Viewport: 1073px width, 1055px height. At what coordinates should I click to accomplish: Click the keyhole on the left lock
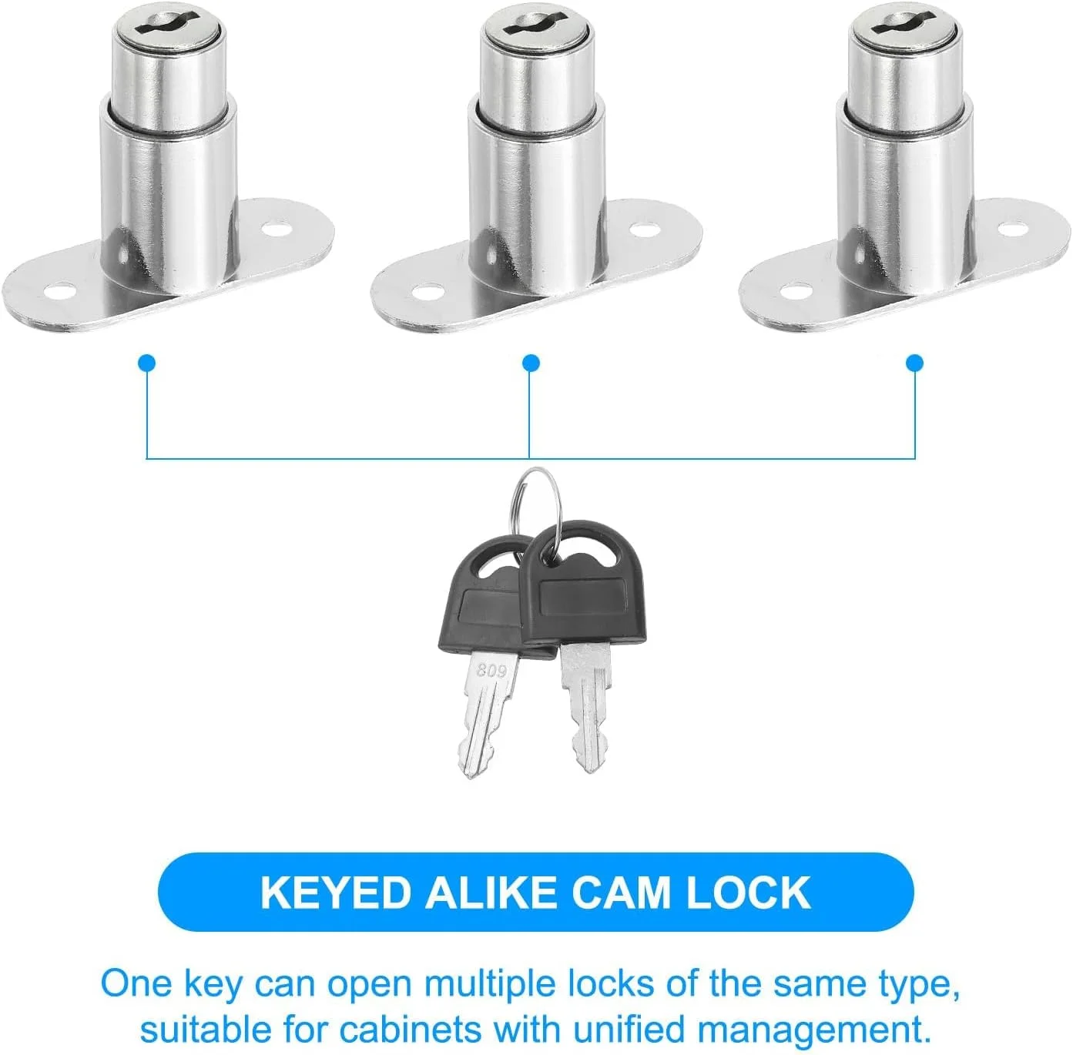coord(168,25)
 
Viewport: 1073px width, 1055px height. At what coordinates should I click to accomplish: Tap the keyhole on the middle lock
coord(538,25)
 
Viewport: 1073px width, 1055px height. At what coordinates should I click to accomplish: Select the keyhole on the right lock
coord(905,25)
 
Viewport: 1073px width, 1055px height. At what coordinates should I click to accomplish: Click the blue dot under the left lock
coord(146,363)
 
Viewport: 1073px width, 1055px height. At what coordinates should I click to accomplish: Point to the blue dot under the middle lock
coord(531,363)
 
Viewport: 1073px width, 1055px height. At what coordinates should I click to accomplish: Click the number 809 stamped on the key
coord(491,672)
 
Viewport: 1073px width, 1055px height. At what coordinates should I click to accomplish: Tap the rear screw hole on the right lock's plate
coord(1011,228)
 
